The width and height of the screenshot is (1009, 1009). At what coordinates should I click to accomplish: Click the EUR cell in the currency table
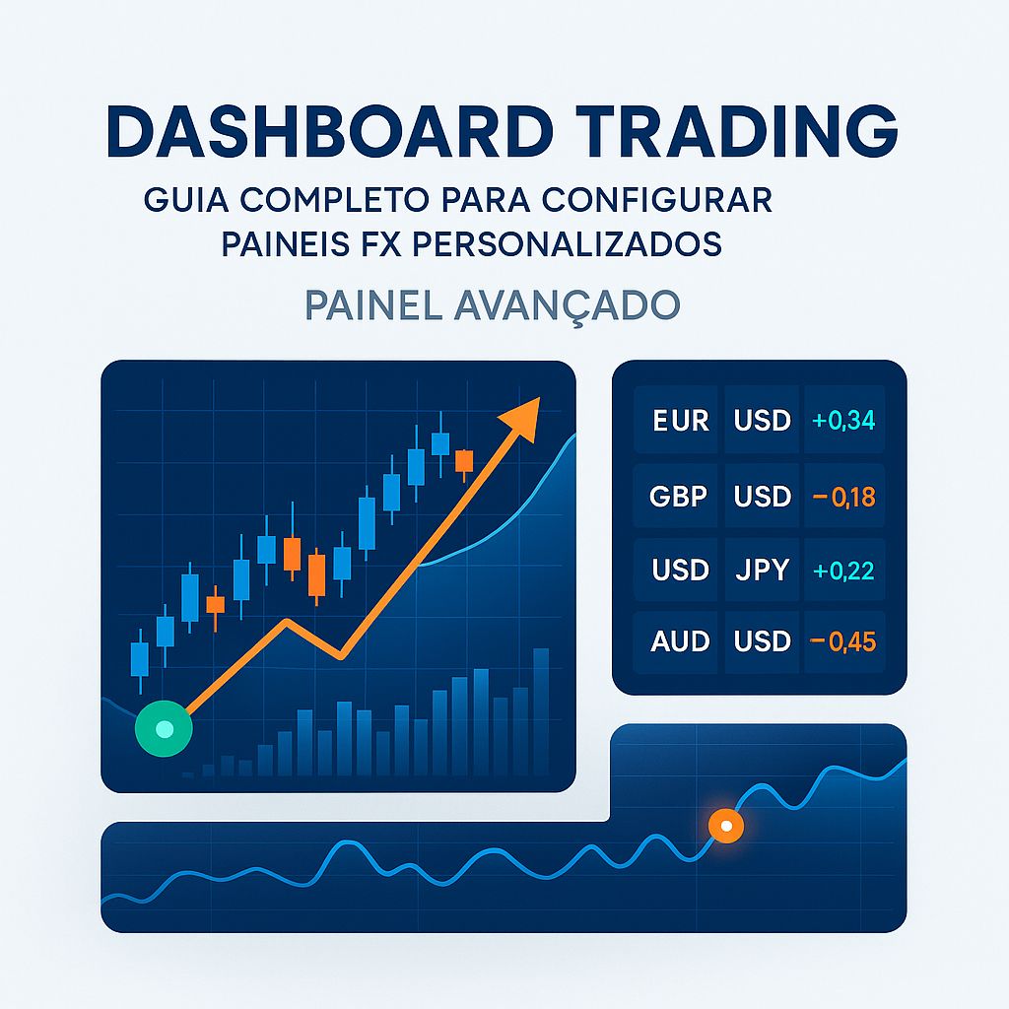pos(681,421)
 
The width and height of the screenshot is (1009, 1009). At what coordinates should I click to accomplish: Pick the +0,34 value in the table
pos(843,421)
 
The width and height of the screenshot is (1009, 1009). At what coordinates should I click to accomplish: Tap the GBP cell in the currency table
pos(679,496)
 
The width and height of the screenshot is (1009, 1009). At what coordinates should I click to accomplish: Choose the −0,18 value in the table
pos(843,496)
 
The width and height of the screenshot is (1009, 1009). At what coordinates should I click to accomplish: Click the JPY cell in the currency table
pos(763,570)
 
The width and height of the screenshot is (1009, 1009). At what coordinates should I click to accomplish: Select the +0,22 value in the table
pos(843,570)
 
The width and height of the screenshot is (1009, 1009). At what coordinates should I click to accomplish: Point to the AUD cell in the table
pos(680,641)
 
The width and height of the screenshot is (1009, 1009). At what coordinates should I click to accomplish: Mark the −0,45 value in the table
pos(843,641)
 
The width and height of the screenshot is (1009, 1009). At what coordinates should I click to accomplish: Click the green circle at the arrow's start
pos(165,730)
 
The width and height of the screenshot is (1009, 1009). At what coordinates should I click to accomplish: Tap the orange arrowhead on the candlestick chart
pos(522,417)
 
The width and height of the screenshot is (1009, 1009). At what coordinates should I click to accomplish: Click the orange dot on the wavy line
pos(726,827)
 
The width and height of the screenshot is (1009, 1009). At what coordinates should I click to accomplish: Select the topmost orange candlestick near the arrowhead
pos(464,461)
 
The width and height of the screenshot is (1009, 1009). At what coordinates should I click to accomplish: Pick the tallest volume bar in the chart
pos(541,710)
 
